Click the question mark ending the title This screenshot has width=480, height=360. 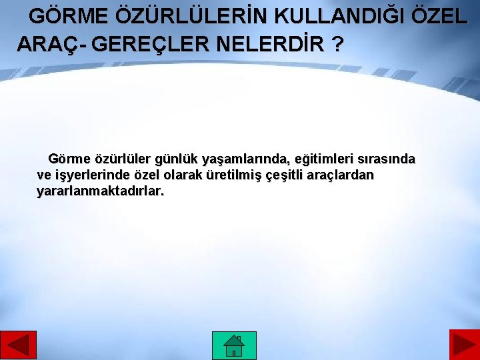pos(337,45)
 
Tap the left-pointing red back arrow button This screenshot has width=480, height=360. pos(19,345)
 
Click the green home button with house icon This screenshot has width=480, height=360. pos(234,345)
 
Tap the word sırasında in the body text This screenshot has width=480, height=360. pos(387,159)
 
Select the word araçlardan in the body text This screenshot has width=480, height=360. pos(343,175)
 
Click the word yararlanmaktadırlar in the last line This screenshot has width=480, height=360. pos(100,191)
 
